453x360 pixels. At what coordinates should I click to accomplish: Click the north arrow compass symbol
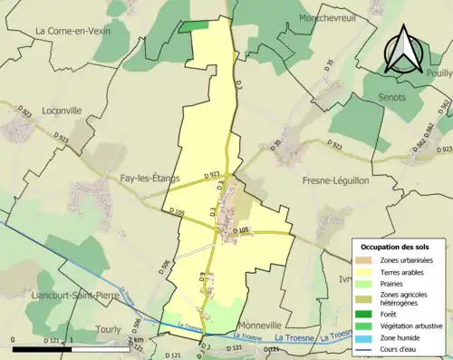click(x=403, y=50)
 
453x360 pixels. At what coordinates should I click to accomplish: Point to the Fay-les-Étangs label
click(x=143, y=179)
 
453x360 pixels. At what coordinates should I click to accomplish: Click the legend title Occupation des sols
click(x=398, y=247)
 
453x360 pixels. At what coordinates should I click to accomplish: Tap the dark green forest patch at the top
click(x=192, y=26)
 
